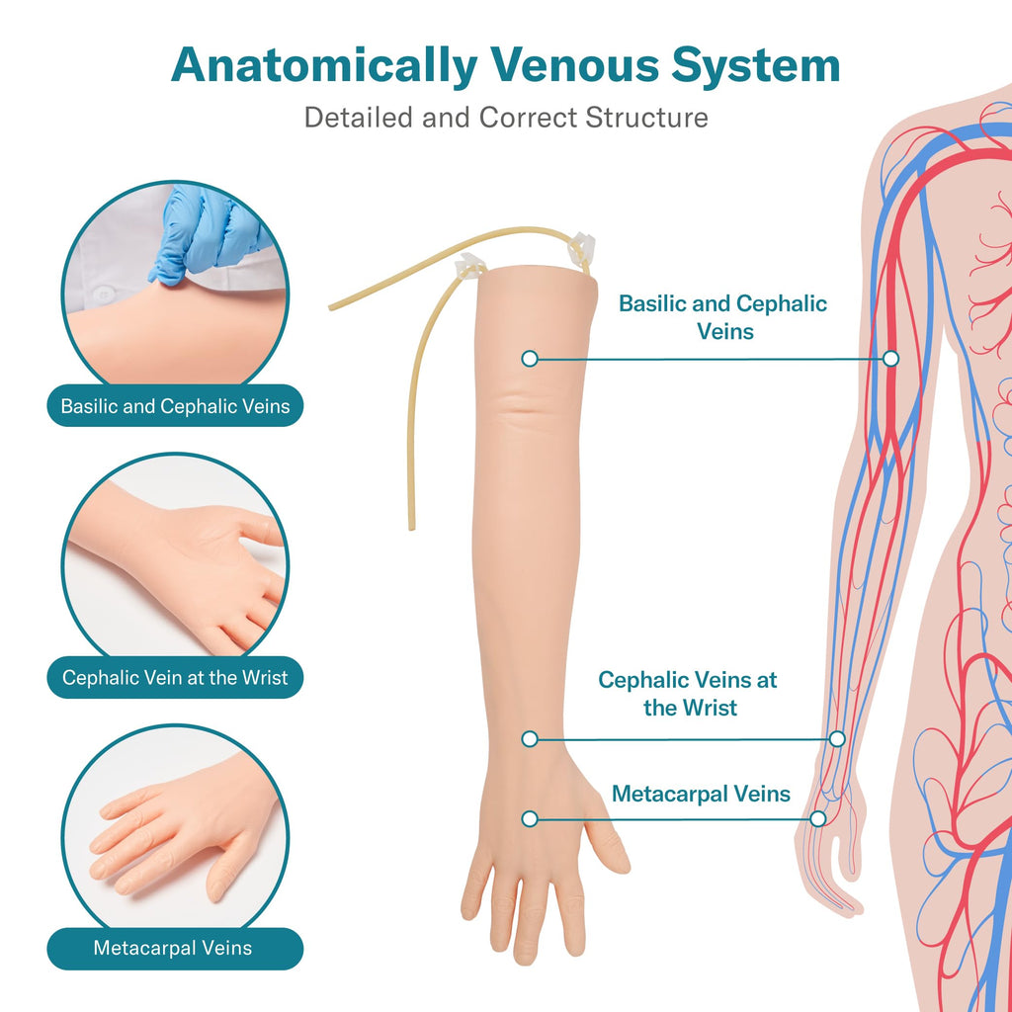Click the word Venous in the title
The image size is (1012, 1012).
tap(574, 65)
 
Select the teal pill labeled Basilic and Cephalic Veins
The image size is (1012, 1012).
tap(175, 405)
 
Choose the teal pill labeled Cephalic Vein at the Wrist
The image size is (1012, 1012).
tap(175, 677)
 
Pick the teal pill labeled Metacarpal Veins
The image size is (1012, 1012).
tap(175, 948)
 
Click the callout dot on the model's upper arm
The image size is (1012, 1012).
tap(530, 359)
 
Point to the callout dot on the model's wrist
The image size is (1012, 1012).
tap(530, 739)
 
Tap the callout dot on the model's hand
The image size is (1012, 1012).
tap(530, 819)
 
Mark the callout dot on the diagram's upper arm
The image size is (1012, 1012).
tap(890, 358)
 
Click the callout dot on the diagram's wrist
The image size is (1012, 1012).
tap(837, 739)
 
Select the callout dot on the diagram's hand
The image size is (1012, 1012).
tap(817, 819)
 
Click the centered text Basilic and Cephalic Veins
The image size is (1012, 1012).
tap(722, 317)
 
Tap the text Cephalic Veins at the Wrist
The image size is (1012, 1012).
tap(688, 693)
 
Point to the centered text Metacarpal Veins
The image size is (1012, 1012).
tap(701, 794)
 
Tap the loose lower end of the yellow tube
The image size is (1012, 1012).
tap(412, 527)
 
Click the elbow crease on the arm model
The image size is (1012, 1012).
tap(526, 406)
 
